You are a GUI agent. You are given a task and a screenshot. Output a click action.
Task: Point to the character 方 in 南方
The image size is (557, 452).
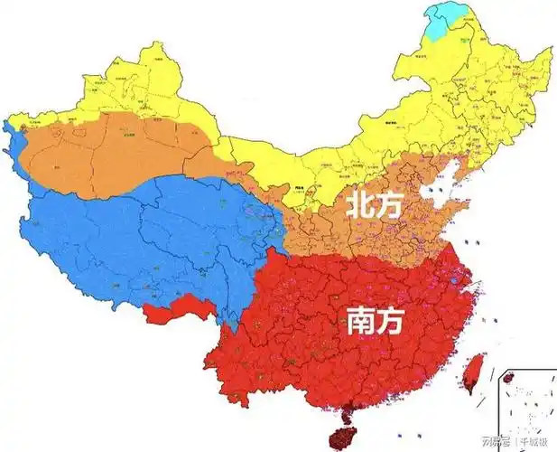393,322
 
